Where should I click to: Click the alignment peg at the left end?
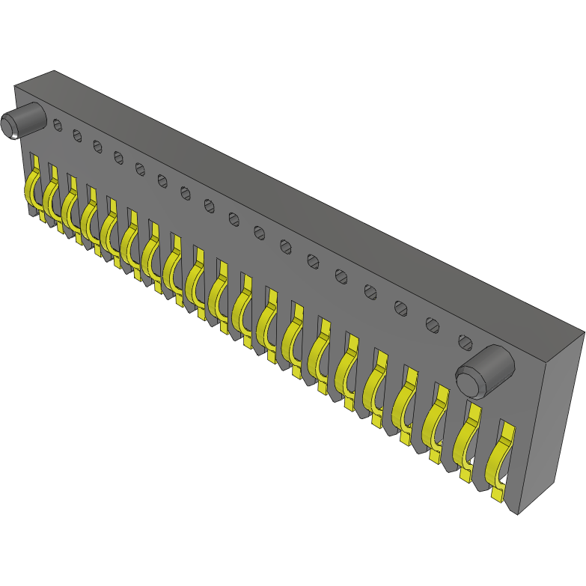click(23, 120)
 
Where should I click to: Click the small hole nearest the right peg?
click(465, 343)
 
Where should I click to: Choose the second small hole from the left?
click(77, 135)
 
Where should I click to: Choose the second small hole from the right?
click(433, 325)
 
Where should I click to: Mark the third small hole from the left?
click(97, 146)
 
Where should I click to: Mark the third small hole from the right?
click(401, 308)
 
